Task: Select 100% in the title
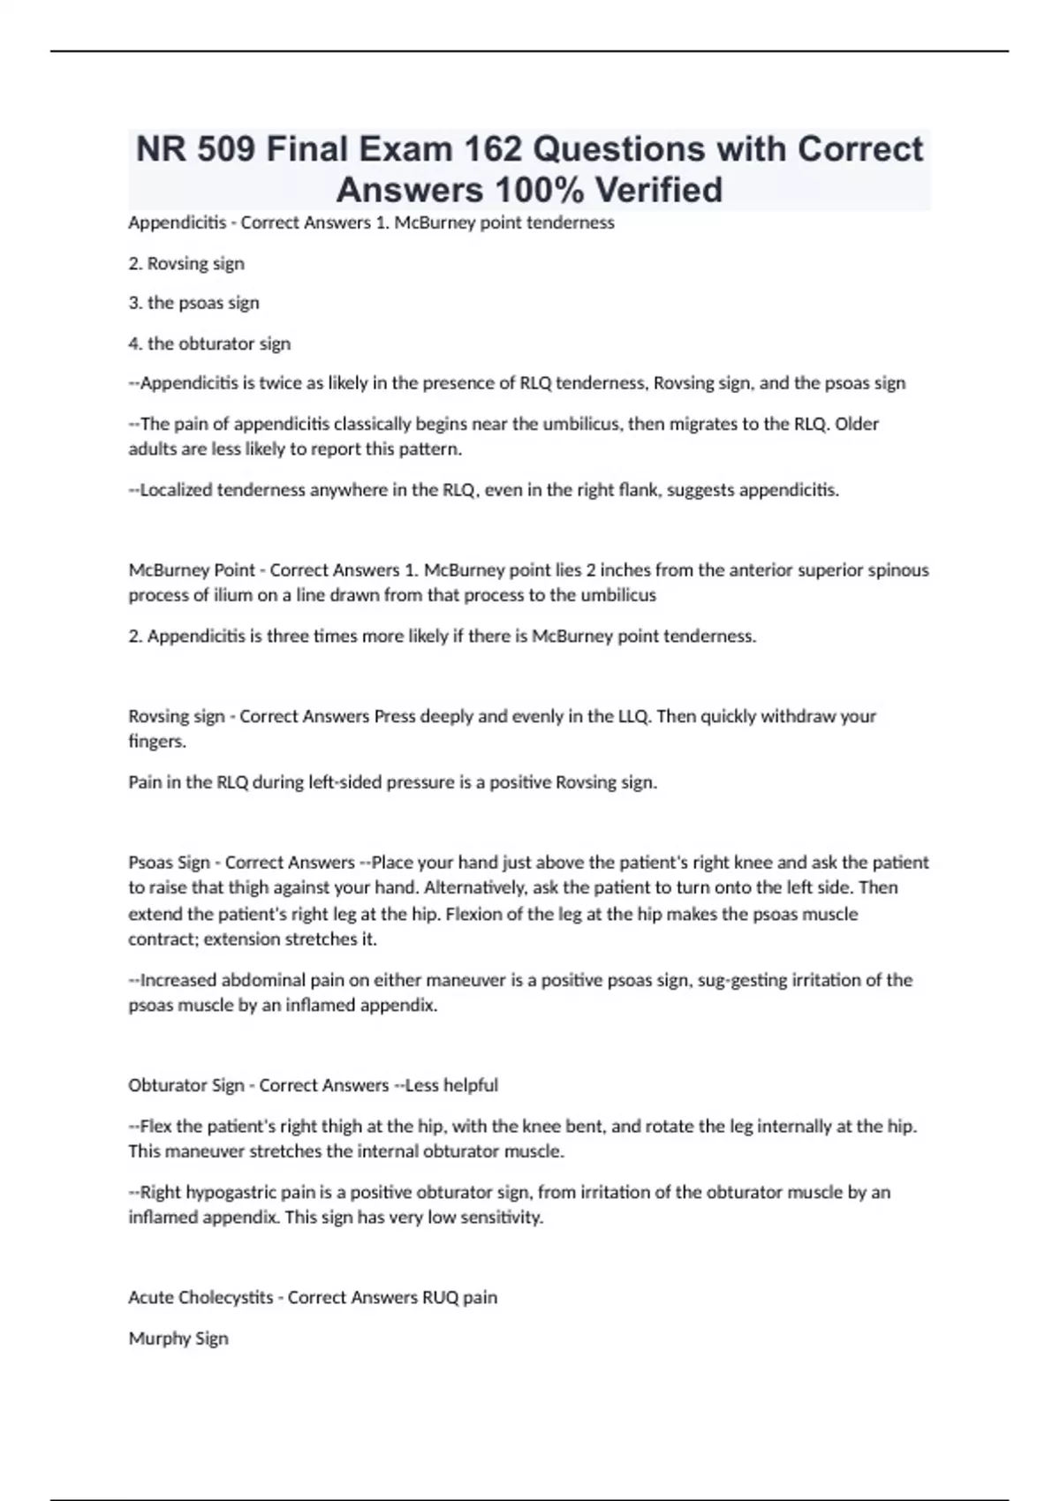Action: point(538,190)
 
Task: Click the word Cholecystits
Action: point(225,1297)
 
